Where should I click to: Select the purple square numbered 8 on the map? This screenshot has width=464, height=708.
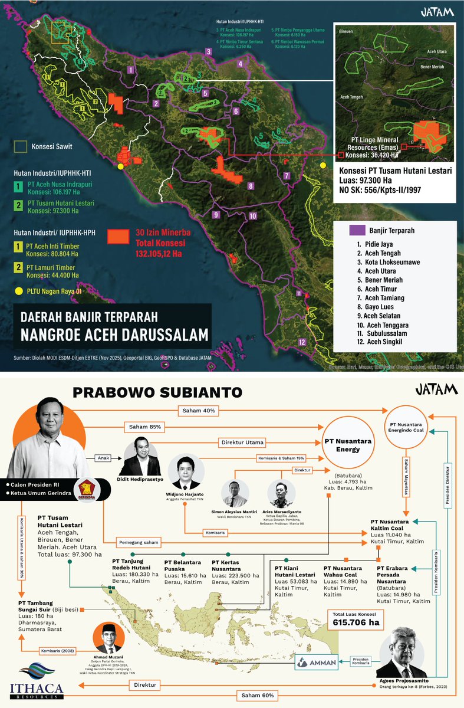(x=251, y=186)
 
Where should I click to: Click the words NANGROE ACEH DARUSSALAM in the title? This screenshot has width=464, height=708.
(x=114, y=335)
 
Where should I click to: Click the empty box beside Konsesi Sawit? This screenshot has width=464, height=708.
(x=22, y=146)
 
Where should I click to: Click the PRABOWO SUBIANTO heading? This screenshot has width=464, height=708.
(x=156, y=392)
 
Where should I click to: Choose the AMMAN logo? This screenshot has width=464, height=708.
(x=318, y=661)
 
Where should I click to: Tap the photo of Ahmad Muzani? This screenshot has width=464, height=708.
(x=107, y=640)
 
